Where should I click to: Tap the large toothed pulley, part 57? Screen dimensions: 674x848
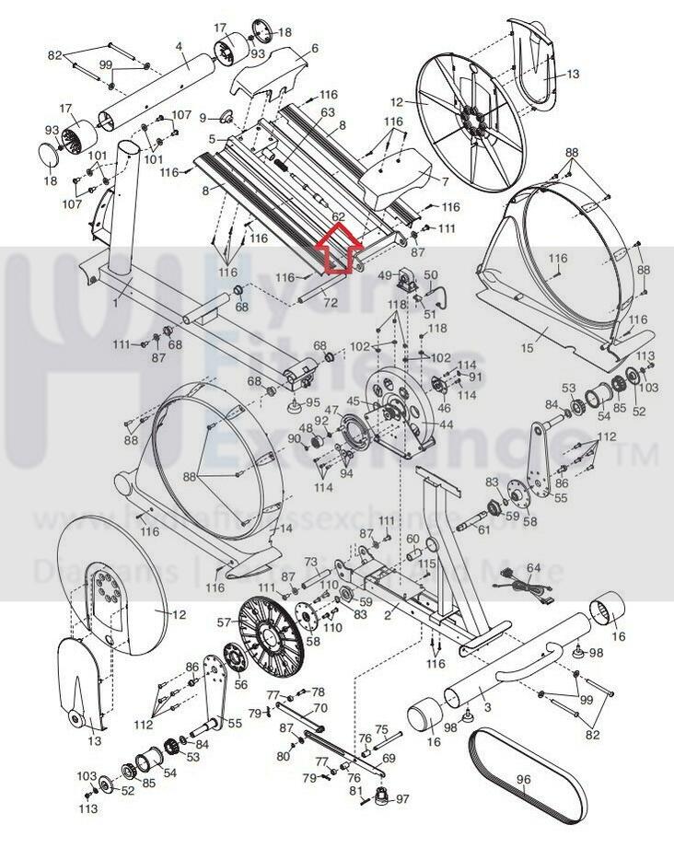(271, 634)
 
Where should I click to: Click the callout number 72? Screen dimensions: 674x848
(331, 302)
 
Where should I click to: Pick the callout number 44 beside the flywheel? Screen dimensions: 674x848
(447, 424)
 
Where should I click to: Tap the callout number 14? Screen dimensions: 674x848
(285, 528)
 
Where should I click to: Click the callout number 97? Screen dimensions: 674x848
(401, 798)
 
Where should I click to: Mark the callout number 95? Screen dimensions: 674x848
(313, 401)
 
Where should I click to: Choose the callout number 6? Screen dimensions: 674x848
(315, 48)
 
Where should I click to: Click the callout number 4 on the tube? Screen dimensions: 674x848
(179, 46)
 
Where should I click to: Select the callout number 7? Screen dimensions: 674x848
(445, 181)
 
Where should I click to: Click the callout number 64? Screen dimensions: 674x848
(534, 568)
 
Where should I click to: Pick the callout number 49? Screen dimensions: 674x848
(384, 274)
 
